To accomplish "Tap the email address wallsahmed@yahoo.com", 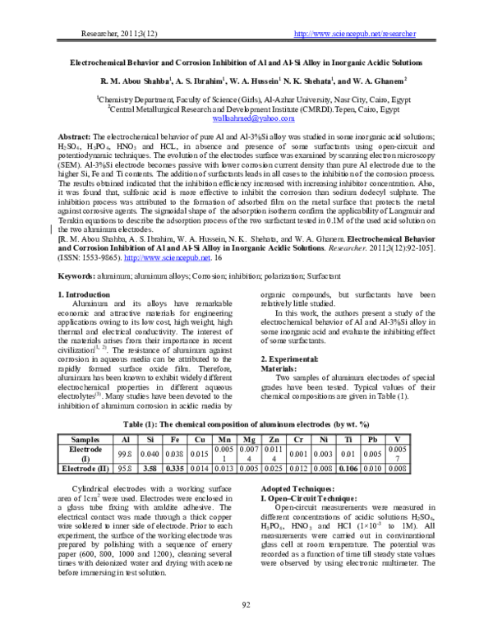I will pyautogui.click(x=246, y=118).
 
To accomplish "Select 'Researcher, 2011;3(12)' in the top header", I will pyautogui.click(x=114, y=33).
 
